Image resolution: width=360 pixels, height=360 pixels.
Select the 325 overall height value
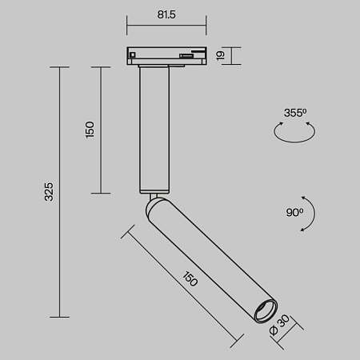coord(49,191)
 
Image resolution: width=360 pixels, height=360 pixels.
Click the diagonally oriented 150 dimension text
coord(190,280)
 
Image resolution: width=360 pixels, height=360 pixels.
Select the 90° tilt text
coord(294,212)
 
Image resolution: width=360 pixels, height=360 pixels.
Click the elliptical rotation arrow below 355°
coord(294,133)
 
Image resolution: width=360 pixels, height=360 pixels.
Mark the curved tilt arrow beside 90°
coord(310,213)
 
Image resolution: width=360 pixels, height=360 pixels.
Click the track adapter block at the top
coord(166,55)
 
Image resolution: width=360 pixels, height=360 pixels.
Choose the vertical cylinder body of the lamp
coord(154,128)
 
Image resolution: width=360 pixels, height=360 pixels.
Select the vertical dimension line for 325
coord(61,191)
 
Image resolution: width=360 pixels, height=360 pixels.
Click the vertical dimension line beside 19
coord(226,55)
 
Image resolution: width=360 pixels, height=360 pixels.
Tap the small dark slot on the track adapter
coord(186,55)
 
